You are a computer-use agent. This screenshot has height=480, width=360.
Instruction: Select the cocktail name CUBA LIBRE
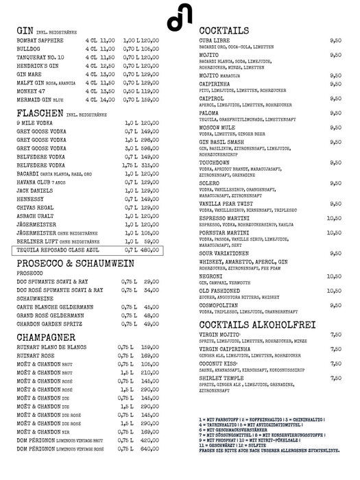tap(218, 40)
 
